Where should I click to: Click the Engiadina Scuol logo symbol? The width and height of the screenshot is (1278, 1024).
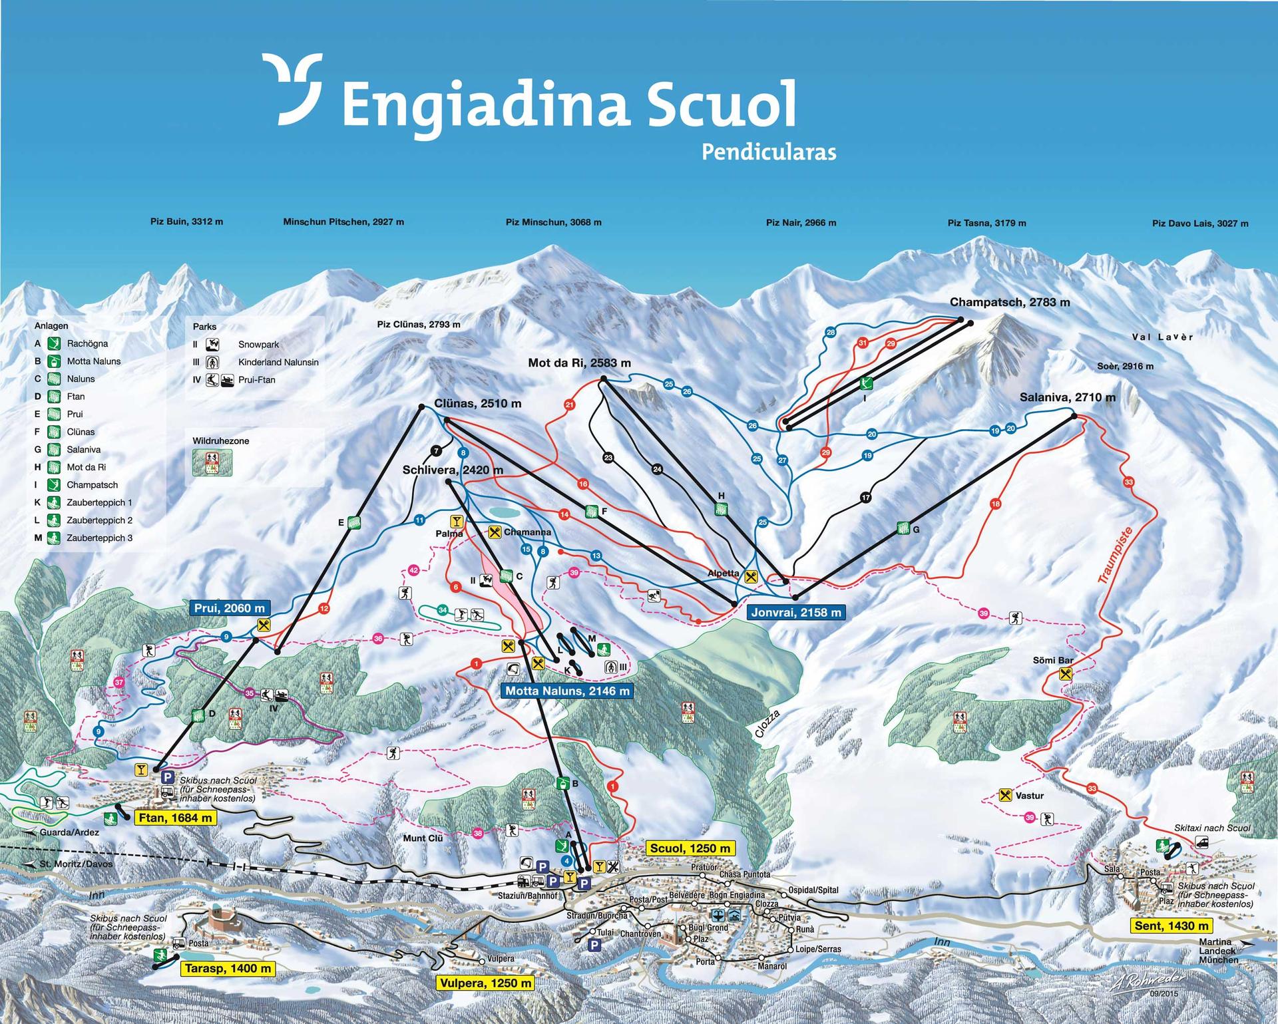pos(292,88)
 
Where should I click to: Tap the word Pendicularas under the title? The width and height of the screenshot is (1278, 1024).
pos(769,152)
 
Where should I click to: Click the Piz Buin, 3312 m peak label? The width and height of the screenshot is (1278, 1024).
pos(186,222)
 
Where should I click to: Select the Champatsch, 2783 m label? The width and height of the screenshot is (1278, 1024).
pos(1010,303)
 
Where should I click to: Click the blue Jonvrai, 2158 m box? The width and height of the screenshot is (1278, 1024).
pos(796,612)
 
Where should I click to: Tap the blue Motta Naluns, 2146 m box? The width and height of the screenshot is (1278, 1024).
pos(566,691)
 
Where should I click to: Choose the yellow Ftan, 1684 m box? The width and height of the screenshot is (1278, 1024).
pos(176,818)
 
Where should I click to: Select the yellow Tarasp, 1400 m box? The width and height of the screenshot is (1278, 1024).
pos(228,969)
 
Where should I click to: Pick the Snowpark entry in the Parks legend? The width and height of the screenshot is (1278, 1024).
pos(258,345)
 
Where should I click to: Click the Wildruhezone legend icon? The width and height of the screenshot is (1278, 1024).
pos(212,462)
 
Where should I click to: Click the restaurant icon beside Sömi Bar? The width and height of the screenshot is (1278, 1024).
pos(1066,674)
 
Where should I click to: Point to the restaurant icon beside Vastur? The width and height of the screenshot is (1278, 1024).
pos(1006,795)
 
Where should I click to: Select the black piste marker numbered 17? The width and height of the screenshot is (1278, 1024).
pos(865,498)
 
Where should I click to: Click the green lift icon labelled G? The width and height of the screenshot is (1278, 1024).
pos(903,528)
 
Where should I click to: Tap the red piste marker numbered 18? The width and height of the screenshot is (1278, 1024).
pos(995,504)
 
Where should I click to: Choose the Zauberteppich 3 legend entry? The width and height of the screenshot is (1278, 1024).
pos(99,538)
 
